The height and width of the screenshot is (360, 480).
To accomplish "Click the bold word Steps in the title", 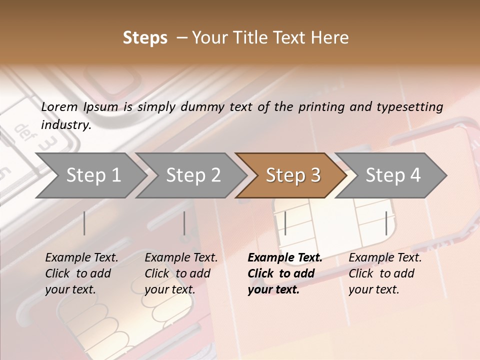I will click(x=145, y=38).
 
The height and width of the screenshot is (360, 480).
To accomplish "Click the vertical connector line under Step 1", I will click(x=84, y=223).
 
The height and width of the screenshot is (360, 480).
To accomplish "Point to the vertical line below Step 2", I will click(x=184, y=223).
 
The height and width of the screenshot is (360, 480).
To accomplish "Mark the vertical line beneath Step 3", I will click(x=285, y=223).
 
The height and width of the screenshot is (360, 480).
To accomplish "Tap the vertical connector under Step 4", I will click(x=386, y=223).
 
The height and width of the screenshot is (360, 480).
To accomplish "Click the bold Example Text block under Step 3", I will click(x=284, y=273).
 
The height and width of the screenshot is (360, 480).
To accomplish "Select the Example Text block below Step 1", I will click(x=81, y=273).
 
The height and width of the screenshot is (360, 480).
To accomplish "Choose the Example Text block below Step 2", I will click(x=181, y=273).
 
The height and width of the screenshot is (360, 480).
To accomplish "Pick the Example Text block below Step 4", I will click(x=385, y=273).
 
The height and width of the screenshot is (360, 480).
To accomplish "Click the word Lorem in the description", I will click(x=59, y=106).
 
